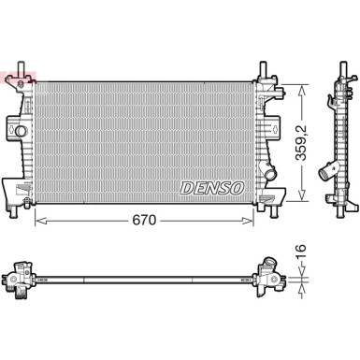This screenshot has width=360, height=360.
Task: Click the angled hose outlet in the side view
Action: [x=329, y=172]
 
